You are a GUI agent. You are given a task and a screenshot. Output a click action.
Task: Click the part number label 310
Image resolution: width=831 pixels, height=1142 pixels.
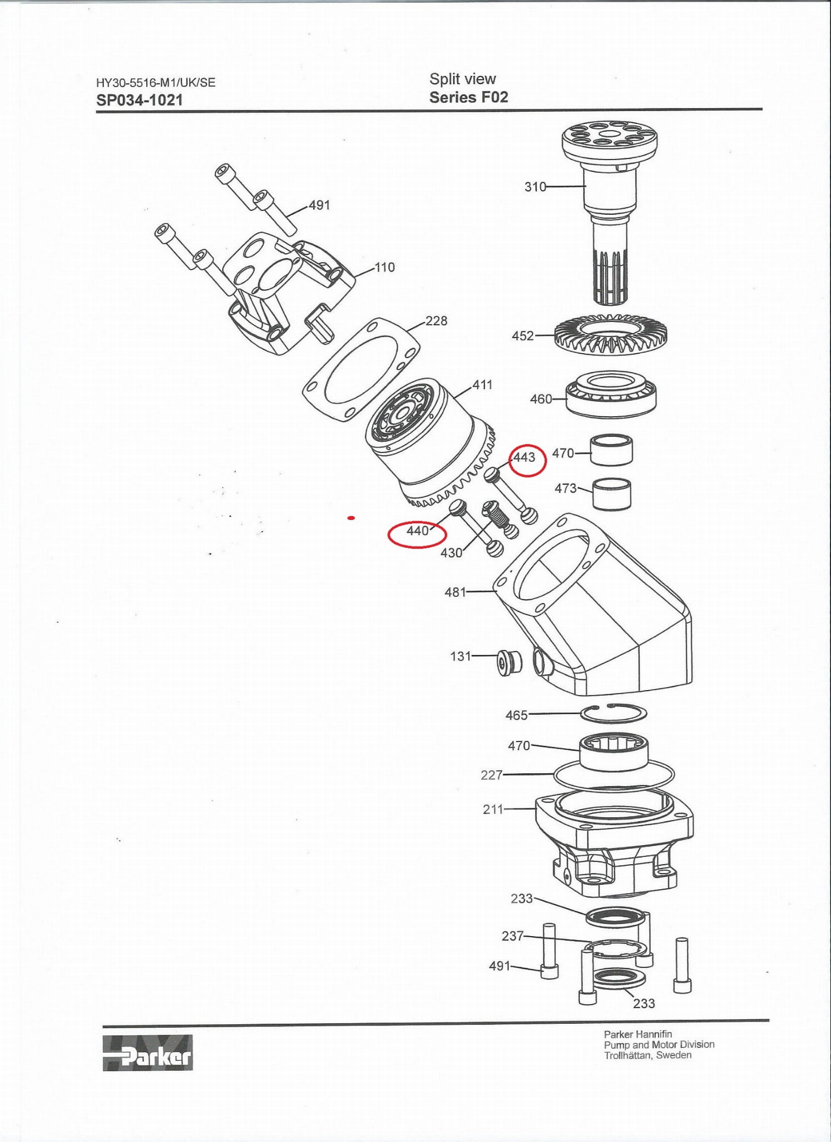(535, 187)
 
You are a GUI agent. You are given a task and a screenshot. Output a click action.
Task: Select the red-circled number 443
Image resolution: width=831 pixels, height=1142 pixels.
(525, 457)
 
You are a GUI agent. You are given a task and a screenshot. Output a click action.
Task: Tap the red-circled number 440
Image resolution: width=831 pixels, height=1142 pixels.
(417, 531)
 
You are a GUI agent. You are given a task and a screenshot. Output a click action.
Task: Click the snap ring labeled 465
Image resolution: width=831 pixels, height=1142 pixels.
(613, 713)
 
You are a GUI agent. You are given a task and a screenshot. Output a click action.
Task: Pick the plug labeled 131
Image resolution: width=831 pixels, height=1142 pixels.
(509, 662)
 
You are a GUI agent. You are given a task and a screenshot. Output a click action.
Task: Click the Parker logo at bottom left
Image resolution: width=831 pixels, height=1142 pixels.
(147, 1053)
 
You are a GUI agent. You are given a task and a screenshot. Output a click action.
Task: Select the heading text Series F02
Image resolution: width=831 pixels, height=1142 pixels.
(468, 98)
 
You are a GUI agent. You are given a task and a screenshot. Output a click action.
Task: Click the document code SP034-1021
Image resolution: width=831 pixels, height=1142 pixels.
(140, 100)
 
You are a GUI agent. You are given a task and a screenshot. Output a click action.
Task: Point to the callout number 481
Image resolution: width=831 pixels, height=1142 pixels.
(455, 592)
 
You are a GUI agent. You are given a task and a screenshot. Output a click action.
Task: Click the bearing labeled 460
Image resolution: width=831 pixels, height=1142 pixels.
(611, 394)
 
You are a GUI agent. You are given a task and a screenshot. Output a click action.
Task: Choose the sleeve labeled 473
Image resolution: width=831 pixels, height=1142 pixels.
(611, 494)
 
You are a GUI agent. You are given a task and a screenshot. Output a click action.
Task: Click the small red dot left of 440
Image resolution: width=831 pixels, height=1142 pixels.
(351, 518)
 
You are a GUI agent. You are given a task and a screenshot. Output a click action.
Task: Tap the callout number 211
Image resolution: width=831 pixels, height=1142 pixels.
(493, 809)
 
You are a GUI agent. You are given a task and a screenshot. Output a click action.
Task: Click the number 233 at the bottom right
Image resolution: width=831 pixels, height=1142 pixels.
(643, 1003)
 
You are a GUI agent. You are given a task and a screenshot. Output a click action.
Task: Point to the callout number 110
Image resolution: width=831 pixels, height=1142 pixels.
(384, 267)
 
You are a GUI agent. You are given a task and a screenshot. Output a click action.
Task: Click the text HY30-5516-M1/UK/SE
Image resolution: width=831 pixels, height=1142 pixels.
(156, 83)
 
